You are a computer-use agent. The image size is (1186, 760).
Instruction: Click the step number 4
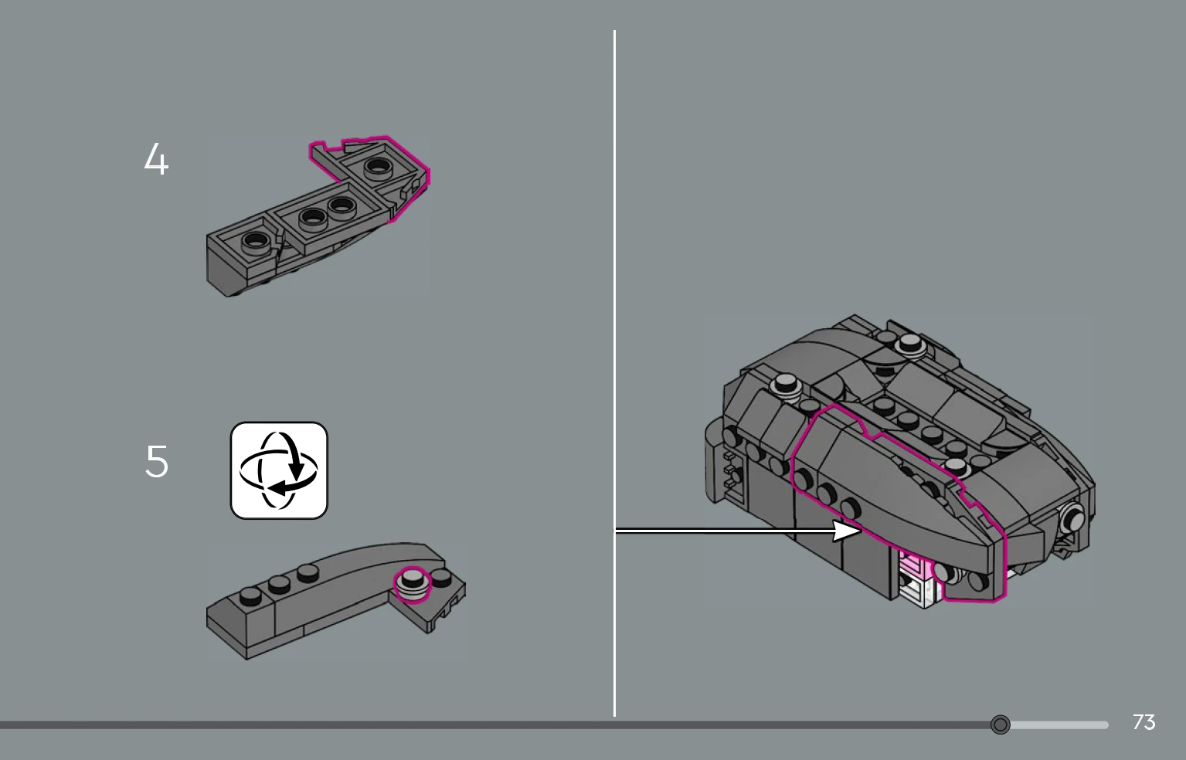pos(156,158)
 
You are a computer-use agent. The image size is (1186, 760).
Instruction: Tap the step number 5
pos(157,462)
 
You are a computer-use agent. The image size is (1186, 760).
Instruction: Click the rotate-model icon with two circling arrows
pos(279,470)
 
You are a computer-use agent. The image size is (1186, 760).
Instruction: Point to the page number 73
pos(1144,722)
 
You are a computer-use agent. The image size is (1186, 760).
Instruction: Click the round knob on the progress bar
pos(1000,724)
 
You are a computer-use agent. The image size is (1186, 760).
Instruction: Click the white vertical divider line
pos(614,373)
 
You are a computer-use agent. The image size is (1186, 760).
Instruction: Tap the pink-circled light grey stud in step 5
pos(413,583)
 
